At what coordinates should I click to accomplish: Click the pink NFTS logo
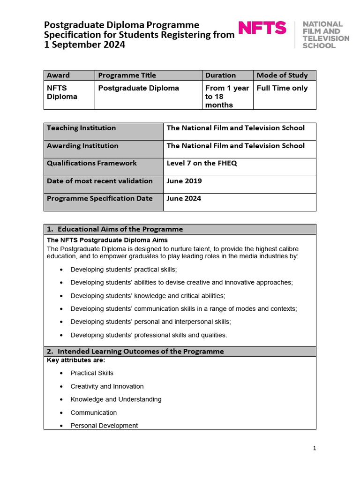[262, 28]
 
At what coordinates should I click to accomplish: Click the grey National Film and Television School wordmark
[325, 35]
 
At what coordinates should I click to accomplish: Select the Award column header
[59, 75]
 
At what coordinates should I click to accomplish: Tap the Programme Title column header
[127, 75]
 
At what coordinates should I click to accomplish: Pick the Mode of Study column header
[282, 75]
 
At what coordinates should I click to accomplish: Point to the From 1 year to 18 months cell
[227, 97]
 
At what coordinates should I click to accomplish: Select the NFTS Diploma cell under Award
[62, 92]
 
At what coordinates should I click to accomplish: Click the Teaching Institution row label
[82, 128]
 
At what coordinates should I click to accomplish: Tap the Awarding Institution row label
[82, 146]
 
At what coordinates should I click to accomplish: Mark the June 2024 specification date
[184, 198]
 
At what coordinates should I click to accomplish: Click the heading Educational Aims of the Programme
[120, 229]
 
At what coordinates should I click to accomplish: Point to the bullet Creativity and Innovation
[107, 386]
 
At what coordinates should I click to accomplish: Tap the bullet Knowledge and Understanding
[116, 399]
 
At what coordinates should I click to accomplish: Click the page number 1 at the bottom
[315, 448]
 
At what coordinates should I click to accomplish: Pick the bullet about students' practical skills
[124, 270]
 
